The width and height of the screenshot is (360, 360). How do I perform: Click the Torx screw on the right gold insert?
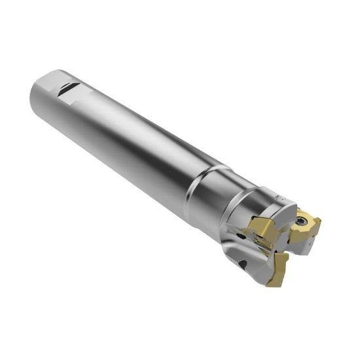pyautogui.click(x=302, y=221)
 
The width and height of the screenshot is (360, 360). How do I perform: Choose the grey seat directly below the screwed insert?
pyautogui.click(x=304, y=245)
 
